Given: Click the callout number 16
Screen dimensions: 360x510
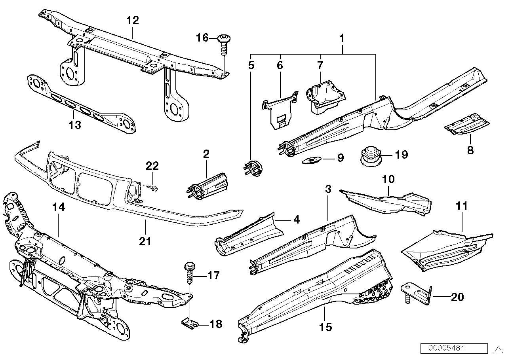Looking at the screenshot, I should [x=202, y=38].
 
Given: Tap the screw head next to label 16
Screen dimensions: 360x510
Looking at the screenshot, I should [x=224, y=39].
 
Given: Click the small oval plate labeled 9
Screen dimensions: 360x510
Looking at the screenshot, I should [x=312, y=160].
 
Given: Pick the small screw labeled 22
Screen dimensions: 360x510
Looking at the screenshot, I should [x=154, y=188].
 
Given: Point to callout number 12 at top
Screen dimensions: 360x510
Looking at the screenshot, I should [x=133, y=20].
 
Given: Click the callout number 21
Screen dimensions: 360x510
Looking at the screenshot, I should [x=145, y=241].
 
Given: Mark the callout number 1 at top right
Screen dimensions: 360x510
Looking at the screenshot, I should [x=342, y=38].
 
